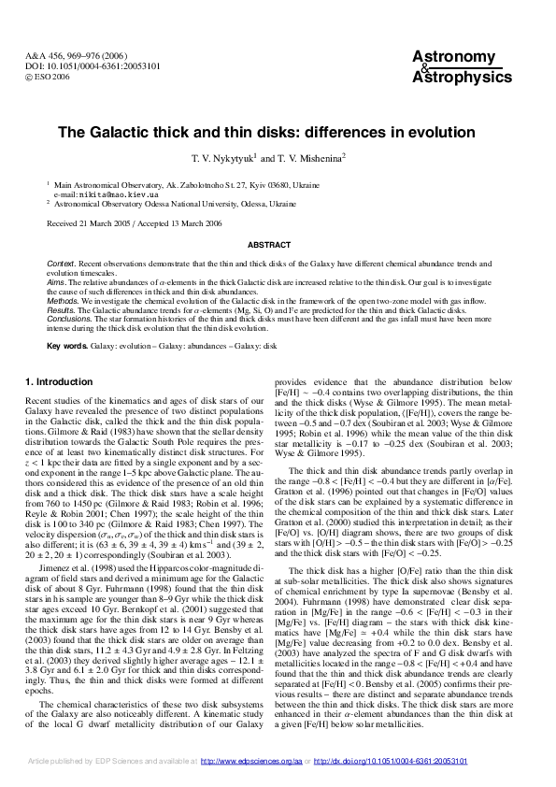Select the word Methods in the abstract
62,302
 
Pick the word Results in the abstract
60,310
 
